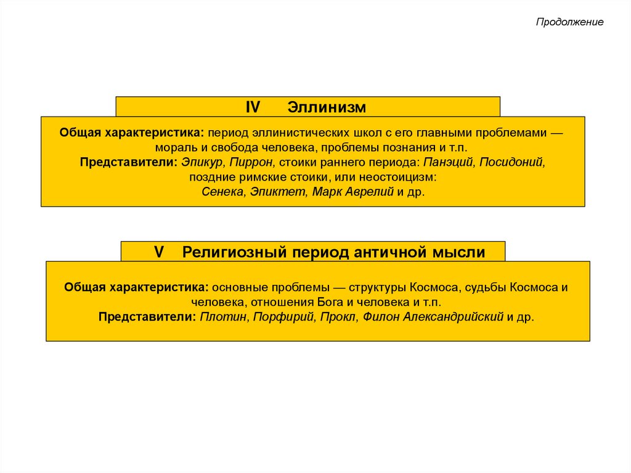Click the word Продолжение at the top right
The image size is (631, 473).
point(569,22)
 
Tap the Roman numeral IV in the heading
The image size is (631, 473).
point(253,107)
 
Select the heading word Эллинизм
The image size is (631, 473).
point(327,107)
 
